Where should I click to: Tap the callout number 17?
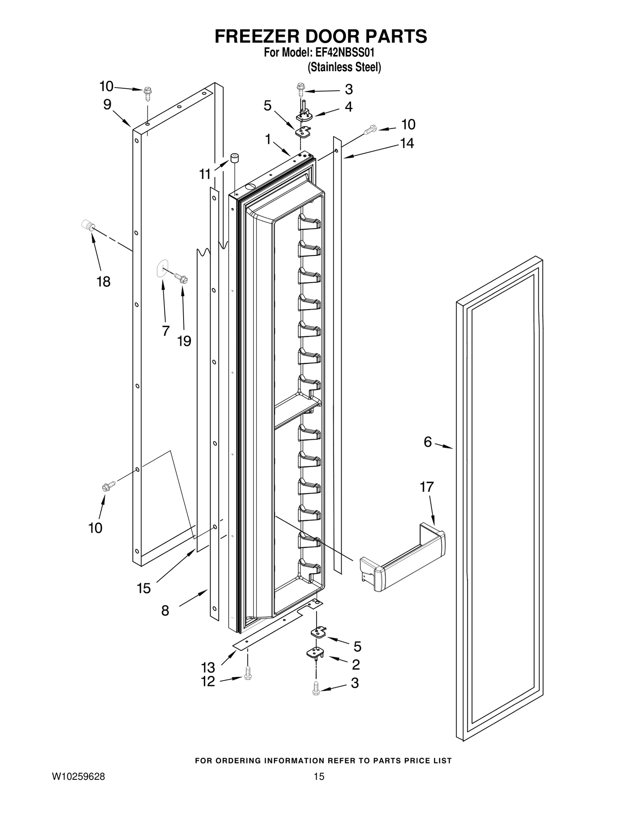coord(427,487)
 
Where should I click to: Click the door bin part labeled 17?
coord(402,558)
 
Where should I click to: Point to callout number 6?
coord(428,442)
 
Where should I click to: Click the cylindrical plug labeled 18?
coord(88,226)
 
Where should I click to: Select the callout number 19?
coord(184,341)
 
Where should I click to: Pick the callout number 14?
coord(407,143)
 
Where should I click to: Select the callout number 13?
coord(208,667)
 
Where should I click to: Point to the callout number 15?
coord(144,588)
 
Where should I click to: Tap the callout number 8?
coord(165,610)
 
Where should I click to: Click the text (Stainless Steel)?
coord(344,67)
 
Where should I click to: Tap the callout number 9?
coord(107,105)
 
